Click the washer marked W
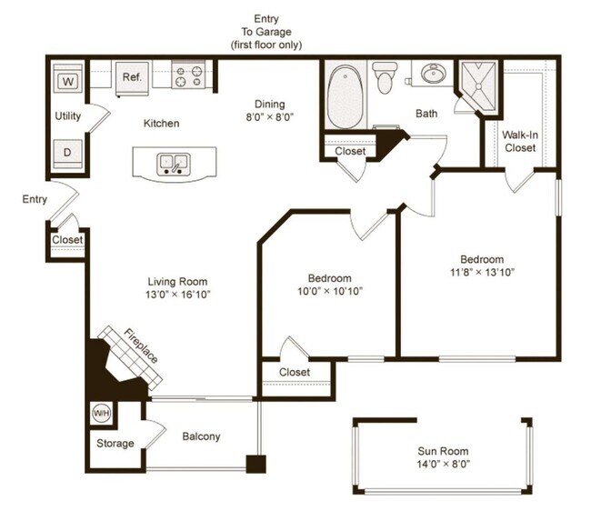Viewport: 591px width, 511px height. point(68,78)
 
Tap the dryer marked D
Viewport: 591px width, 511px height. point(67,154)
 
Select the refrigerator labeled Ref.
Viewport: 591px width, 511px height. point(132,78)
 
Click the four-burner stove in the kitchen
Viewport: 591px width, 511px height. point(188,75)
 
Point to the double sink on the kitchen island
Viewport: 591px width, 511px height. point(174,164)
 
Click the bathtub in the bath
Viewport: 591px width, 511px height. point(345,97)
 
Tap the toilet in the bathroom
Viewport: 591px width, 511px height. point(385,77)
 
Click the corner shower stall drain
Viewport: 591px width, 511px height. point(478,86)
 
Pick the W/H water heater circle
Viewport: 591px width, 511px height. point(102,414)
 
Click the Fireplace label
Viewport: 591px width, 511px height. point(141,346)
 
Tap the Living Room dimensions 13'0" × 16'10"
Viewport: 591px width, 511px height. point(178,295)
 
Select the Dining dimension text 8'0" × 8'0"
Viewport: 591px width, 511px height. point(269,117)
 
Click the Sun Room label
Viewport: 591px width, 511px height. point(443,451)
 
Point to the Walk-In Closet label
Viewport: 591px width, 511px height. point(520,141)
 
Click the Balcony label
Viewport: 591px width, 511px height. point(201,436)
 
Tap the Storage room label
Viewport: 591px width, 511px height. point(115,443)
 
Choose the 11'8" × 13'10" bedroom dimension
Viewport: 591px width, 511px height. point(483,272)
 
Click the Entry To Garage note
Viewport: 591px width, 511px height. point(266,32)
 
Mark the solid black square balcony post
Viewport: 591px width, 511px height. point(255,465)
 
